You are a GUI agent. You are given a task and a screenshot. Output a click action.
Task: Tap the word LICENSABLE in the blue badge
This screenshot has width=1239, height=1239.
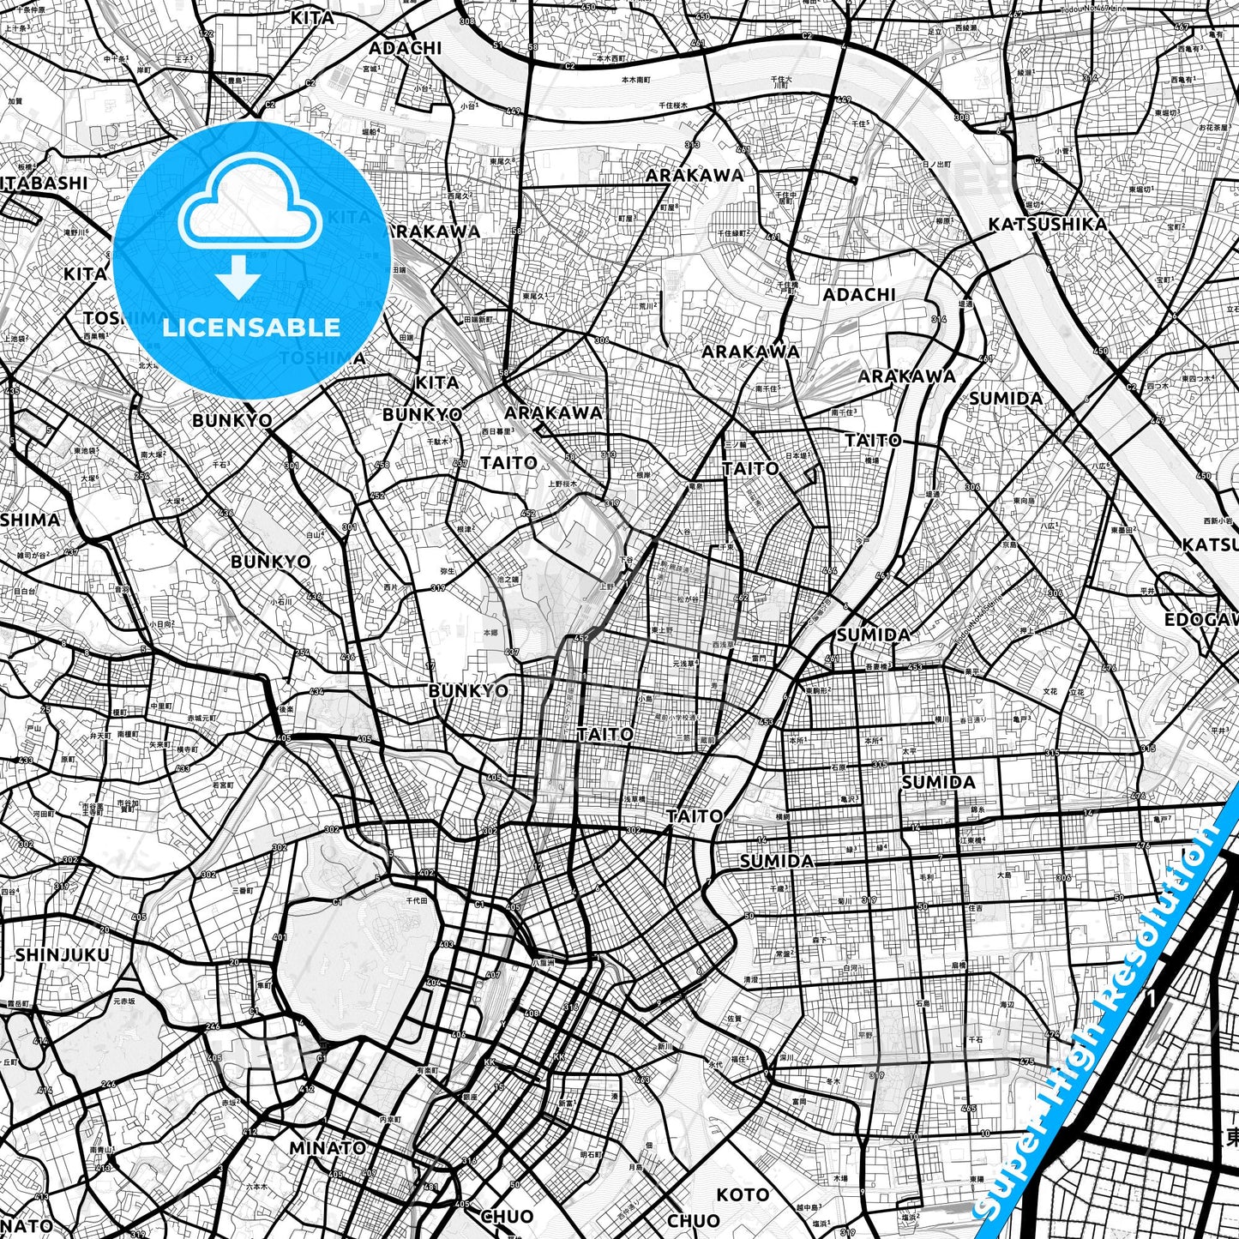(x=251, y=327)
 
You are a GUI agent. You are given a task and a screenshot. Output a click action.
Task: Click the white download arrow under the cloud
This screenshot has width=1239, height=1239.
(x=239, y=280)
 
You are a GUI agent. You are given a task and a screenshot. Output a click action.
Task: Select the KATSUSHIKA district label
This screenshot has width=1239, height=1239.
(x=1047, y=225)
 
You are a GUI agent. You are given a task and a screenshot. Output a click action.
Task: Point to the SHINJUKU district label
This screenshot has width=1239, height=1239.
(x=62, y=954)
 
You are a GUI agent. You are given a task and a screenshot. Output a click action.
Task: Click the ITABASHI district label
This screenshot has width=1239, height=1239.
(x=45, y=183)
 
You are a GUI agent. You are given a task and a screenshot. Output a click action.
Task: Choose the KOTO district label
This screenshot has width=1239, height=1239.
(x=743, y=1194)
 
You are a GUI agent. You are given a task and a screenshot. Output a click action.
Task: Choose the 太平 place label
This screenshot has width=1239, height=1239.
(x=908, y=751)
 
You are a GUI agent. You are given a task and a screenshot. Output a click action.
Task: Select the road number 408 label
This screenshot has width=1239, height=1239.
(x=532, y=1013)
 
